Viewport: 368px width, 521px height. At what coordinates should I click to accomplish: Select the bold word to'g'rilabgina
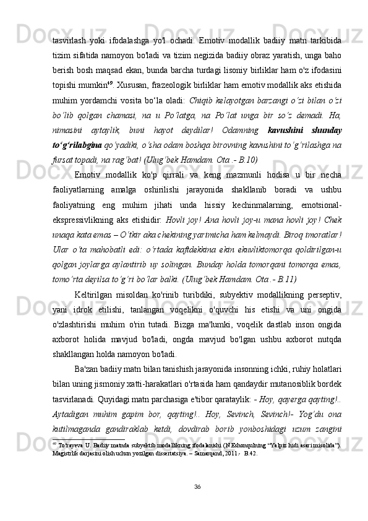(x=76, y=145)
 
